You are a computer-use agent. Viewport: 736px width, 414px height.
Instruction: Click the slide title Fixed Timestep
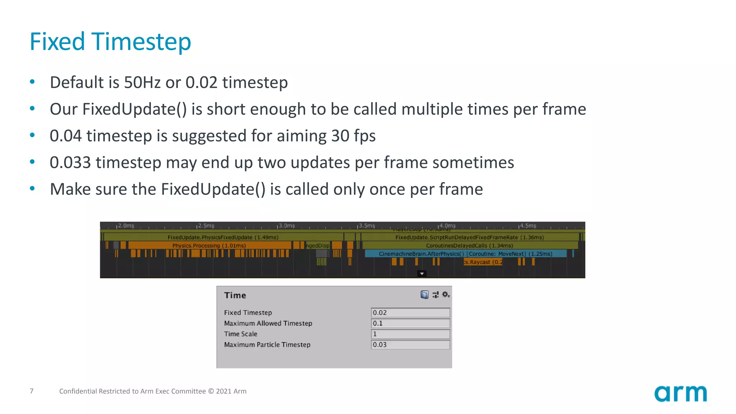click(110, 42)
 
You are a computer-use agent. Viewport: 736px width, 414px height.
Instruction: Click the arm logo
click(680, 394)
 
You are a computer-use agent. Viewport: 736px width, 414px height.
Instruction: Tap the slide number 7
click(32, 391)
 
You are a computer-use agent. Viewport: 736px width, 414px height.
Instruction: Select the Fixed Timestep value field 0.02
click(410, 313)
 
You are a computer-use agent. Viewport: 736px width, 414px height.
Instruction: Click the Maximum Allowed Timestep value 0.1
click(410, 323)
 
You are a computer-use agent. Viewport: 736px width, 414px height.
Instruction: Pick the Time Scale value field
click(410, 334)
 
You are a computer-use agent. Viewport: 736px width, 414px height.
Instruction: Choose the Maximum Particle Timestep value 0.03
click(410, 345)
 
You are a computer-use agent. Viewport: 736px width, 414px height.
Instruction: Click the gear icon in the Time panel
click(446, 295)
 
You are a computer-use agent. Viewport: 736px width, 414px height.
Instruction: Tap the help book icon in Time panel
click(424, 295)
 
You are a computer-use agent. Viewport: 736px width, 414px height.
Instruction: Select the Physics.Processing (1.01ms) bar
click(209, 245)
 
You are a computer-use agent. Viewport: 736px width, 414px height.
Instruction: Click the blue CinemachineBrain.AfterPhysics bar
click(465, 254)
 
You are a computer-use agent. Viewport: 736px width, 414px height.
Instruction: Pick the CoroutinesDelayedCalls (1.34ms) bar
click(469, 245)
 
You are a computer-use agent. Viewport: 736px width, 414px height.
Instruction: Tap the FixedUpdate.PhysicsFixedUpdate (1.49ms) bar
click(223, 237)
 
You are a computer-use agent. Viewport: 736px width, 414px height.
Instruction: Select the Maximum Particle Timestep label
click(267, 345)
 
